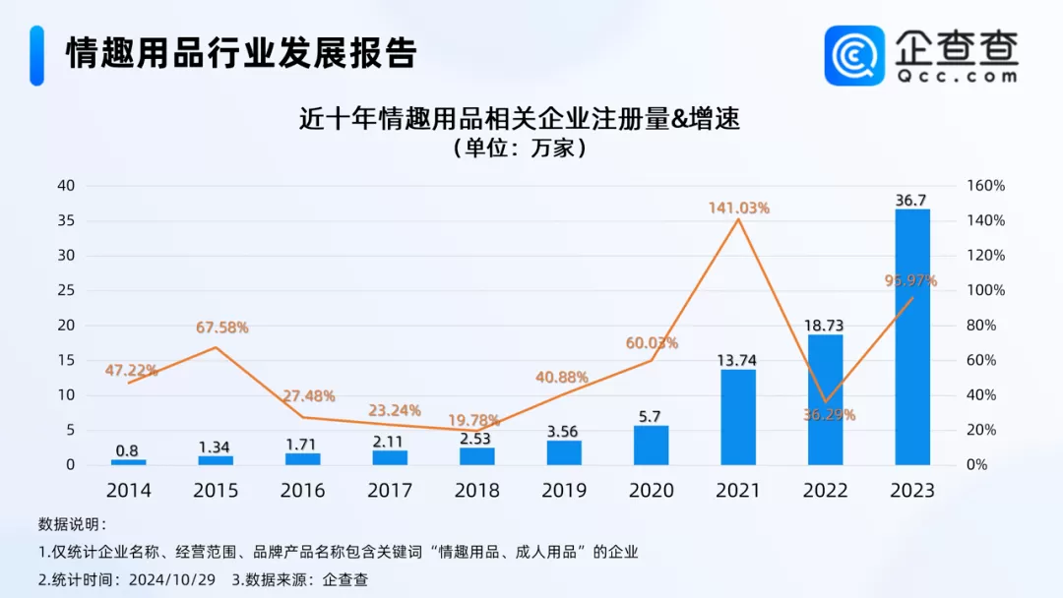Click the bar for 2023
(911, 336)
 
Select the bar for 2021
(737, 417)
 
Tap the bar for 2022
(825, 399)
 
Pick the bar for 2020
(651, 445)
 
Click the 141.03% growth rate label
(738, 208)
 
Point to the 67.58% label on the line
(216, 328)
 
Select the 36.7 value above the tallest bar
(911, 200)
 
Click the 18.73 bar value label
(825, 325)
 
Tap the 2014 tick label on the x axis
(128, 490)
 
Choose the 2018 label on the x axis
(476, 490)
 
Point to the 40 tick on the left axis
(66, 186)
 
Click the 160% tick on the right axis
(985, 186)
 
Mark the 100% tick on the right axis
(985, 290)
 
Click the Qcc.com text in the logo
(956, 75)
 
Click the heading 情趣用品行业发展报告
(241, 53)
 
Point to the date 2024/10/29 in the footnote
(172, 579)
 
